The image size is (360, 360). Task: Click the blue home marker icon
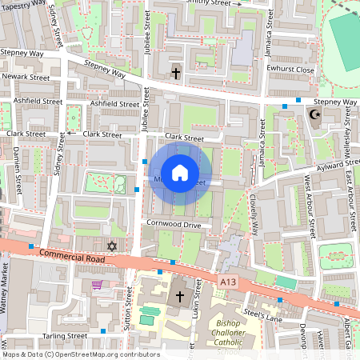point(180,172)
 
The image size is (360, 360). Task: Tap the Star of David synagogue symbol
point(112,246)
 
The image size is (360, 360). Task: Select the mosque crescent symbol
point(314,115)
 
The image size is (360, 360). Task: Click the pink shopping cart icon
point(97,285)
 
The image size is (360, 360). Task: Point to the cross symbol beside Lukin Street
point(180,297)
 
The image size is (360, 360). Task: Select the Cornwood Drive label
point(174,225)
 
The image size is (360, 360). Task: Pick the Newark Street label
point(26,77)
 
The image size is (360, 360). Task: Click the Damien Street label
point(18,173)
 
